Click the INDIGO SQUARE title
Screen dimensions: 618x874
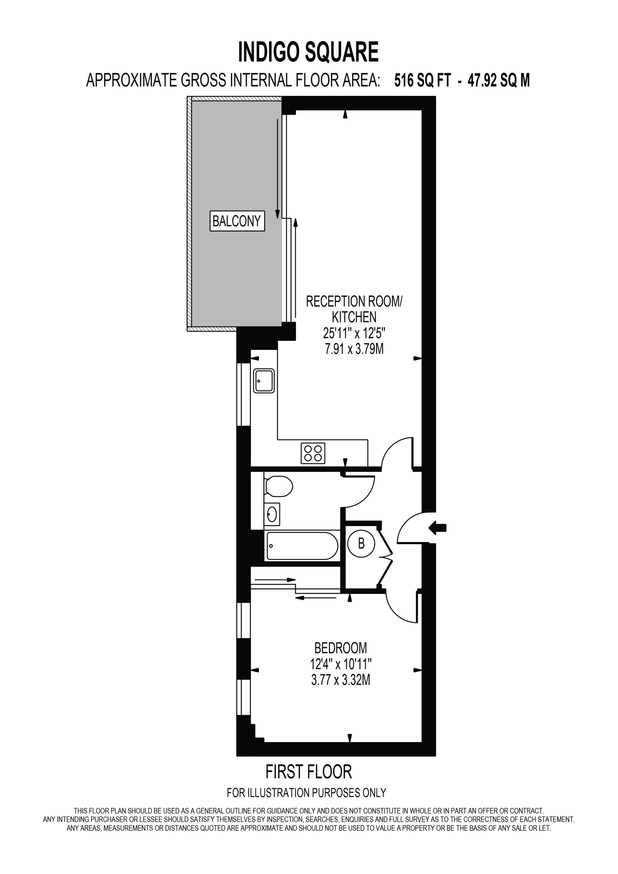tap(308, 52)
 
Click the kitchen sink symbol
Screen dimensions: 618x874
tap(264, 380)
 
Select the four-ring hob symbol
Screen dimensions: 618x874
tap(313, 453)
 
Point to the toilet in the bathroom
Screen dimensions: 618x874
tap(278, 486)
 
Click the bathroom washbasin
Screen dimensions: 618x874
tap(272, 514)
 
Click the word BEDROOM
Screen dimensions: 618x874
tap(341, 647)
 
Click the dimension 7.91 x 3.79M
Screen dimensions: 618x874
tap(354, 349)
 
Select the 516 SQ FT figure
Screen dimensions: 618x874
tap(422, 81)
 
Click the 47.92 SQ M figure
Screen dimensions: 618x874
tap(498, 81)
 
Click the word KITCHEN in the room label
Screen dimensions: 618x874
tap(354, 317)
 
